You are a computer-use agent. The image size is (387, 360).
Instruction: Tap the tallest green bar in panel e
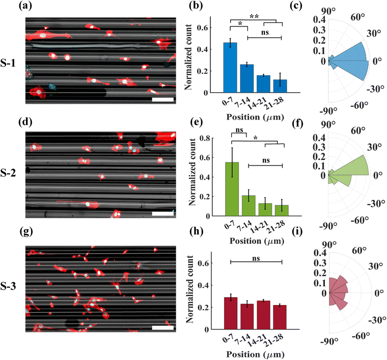click(232, 189)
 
